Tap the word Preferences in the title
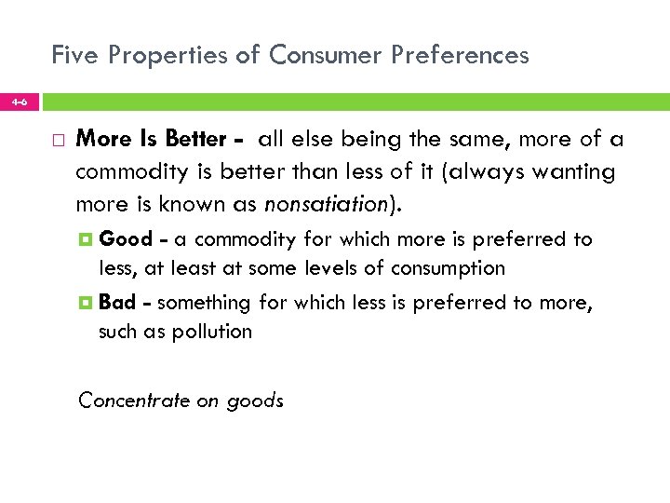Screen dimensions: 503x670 click(x=462, y=55)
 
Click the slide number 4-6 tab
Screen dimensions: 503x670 click(x=19, y=102)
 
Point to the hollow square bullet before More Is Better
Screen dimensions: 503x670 click(x=59, y=141)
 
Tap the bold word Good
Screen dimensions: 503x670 click(x=126, y=239)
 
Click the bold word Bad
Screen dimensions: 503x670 click(x=117, y=302)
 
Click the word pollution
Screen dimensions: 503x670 click(x=212, y=331)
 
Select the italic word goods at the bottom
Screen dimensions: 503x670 click(x=254, y=401)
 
